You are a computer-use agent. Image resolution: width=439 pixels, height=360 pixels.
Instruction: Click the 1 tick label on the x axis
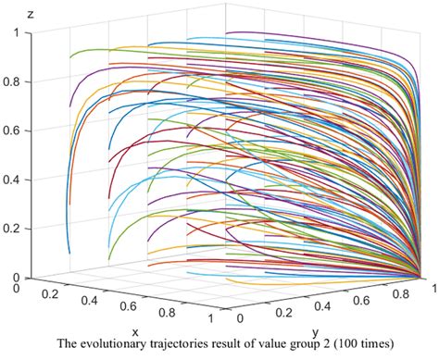click(x=216, y=321)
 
